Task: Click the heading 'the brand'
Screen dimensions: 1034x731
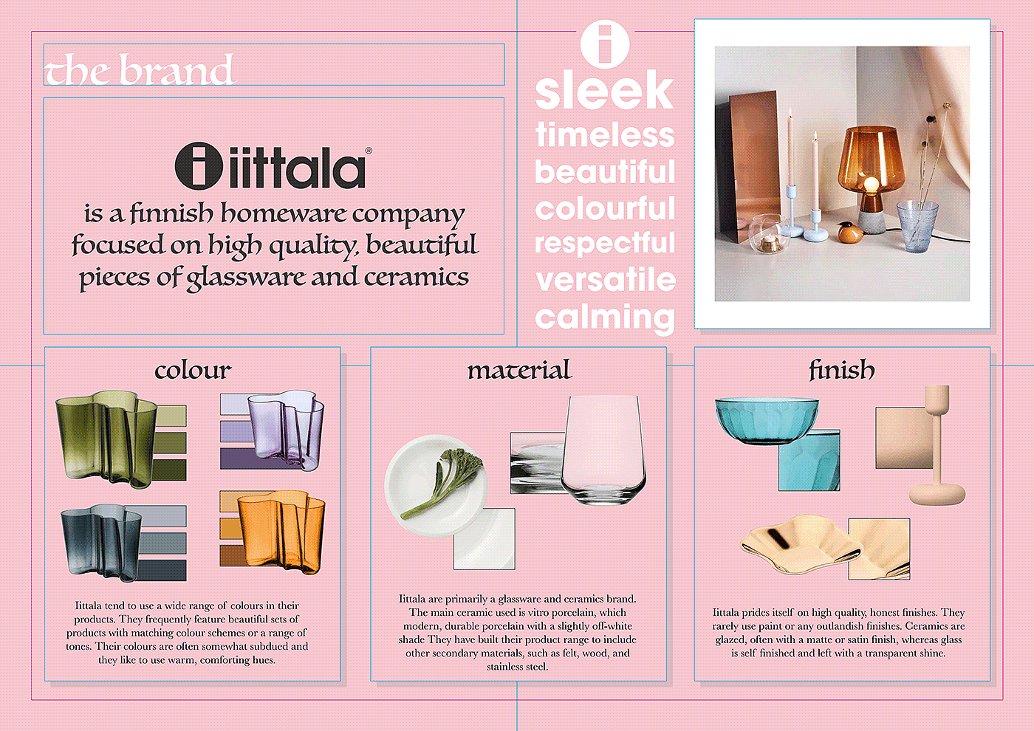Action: point(139,69)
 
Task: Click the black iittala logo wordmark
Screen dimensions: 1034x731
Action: point(273,166)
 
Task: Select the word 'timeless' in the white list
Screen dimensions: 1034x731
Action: point(605,134)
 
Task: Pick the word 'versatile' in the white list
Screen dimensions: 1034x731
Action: point(605,280)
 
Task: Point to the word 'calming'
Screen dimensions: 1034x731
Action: point(605,318)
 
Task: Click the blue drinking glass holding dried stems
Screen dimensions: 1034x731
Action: point(917,227)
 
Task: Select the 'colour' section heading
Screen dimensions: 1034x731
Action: point(193,371)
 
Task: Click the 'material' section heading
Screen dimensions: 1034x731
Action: point(519,370)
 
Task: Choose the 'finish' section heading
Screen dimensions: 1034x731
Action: point(842,370)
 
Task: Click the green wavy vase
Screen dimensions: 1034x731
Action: point(107,439)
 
